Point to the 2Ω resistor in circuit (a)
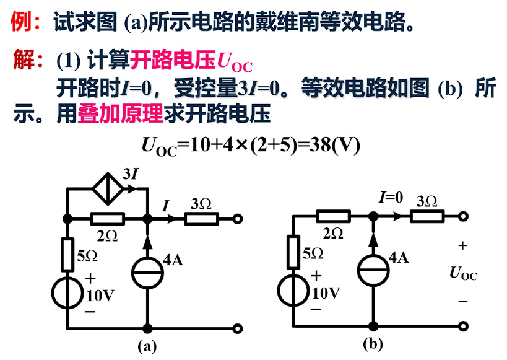tap(108, 218)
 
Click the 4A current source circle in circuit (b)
tap(373, 271)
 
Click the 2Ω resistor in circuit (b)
tap(333, 216)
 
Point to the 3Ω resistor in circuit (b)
tap(428, 216)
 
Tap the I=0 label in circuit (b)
tap(391, 198)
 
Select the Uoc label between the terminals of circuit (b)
tap(463, 273)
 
